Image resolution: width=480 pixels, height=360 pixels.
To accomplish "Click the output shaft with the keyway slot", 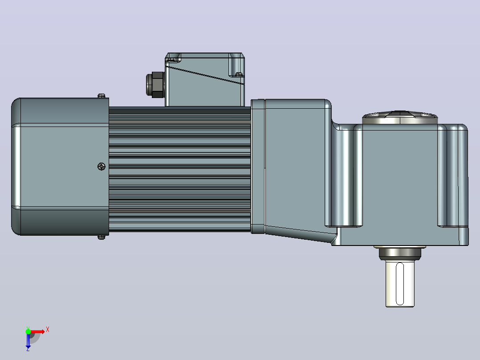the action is [400, 283].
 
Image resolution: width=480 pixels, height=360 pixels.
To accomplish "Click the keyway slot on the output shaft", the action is [400, 284].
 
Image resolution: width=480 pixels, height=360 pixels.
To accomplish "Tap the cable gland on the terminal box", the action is [155, 85].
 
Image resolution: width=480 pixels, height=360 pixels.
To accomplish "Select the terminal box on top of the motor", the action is [205, 80].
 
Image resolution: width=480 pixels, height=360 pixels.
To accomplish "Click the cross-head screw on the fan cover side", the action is [102, 166].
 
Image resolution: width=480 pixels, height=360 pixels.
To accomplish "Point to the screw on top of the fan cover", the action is [102, 96].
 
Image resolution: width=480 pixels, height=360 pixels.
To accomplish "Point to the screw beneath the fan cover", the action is [102, 237].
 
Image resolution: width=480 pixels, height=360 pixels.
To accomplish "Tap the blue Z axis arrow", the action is [28, 340].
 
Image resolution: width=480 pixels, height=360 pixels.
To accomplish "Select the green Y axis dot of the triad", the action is [28, 331].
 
